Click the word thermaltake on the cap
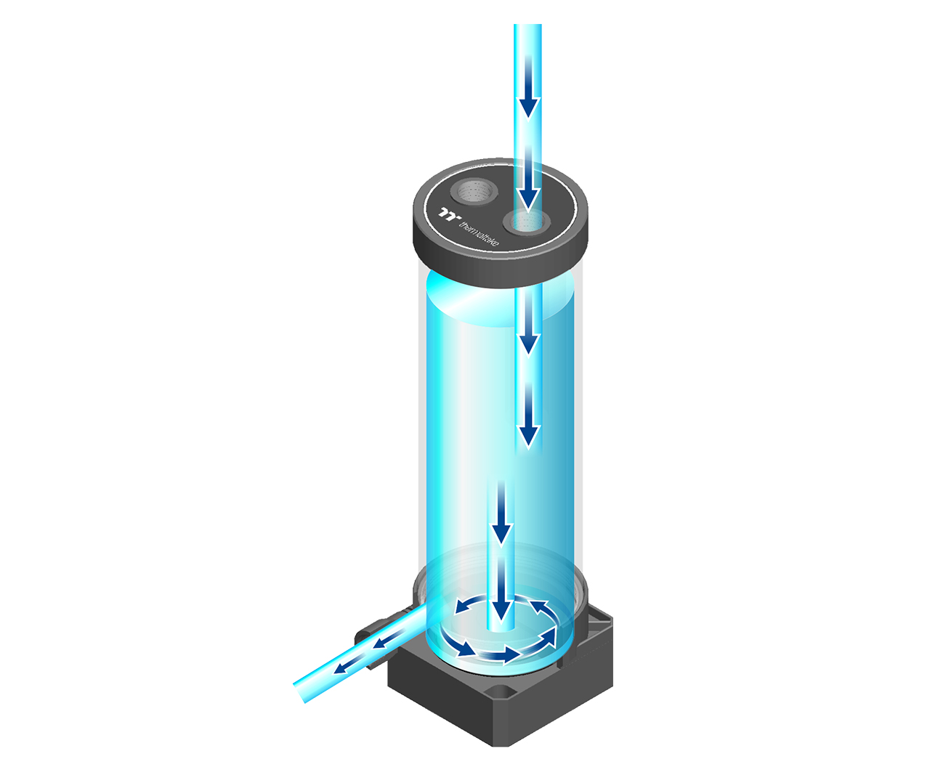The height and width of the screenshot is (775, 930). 479,234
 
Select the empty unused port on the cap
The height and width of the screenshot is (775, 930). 474,192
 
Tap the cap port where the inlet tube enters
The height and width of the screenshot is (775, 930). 527,222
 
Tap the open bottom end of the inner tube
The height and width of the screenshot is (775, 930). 501,628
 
